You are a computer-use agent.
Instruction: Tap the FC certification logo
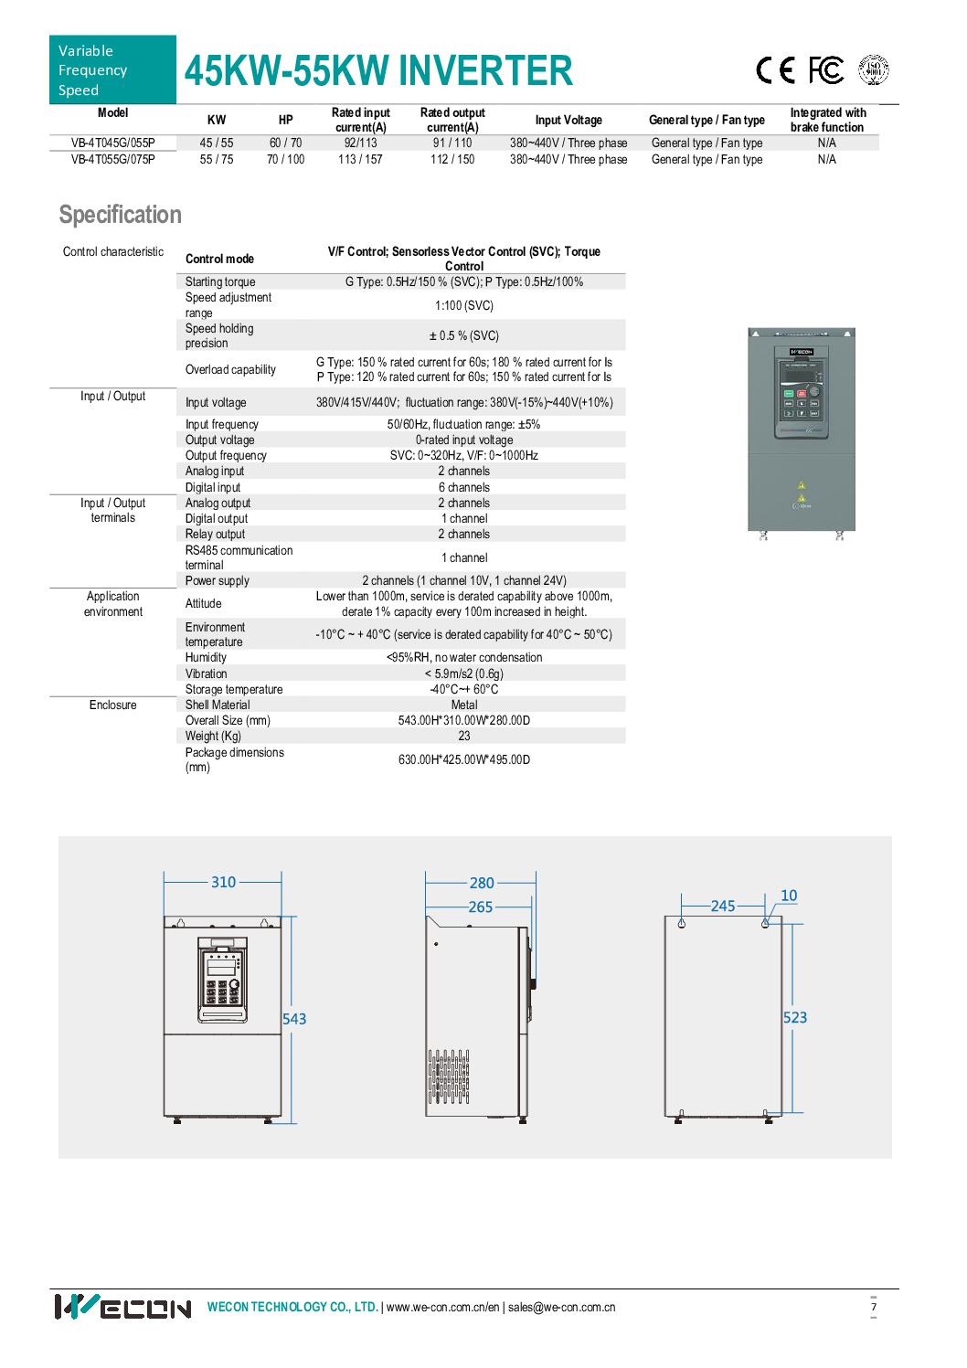coord(825,70)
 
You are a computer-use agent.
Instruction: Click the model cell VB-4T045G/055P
coord(112,143)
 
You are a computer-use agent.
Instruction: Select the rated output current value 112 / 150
coord(452,159)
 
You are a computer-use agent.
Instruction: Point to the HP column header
coord(285,120)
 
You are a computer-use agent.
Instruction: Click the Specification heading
coord(120,215)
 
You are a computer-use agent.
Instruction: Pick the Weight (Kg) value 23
coord(464,736)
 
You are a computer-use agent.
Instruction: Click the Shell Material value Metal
coord(464,705)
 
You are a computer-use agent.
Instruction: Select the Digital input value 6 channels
coord(464,487)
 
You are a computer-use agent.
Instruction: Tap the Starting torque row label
coord(220,281)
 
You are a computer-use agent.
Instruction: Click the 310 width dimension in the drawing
coord(223,882)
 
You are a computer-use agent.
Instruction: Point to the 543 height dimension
coord(294,1018)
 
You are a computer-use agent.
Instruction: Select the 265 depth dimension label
coord(480,907)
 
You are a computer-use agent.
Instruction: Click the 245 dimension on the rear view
coord(723,906)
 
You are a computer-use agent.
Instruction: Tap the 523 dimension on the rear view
coord(795,1017)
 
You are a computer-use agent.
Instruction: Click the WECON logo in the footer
coord(122,1307)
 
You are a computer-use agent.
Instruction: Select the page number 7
coord(874,1307)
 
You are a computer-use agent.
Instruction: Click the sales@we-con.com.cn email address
coord(561,1307)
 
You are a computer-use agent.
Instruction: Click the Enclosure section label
coord(112,705)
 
